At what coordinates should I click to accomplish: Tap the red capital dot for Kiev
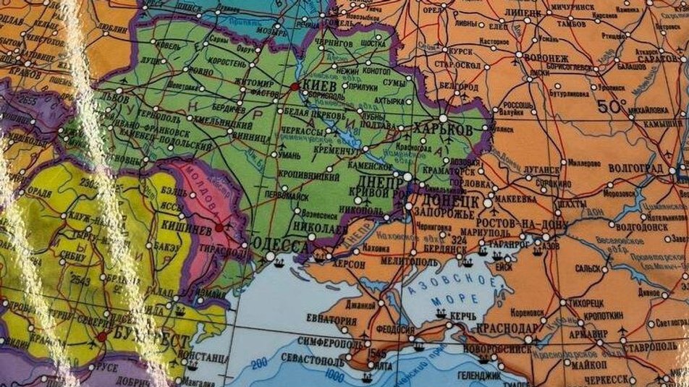point(294,87)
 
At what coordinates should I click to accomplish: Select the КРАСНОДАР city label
point(507,328)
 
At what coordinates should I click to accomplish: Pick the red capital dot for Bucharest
point(101,336)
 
